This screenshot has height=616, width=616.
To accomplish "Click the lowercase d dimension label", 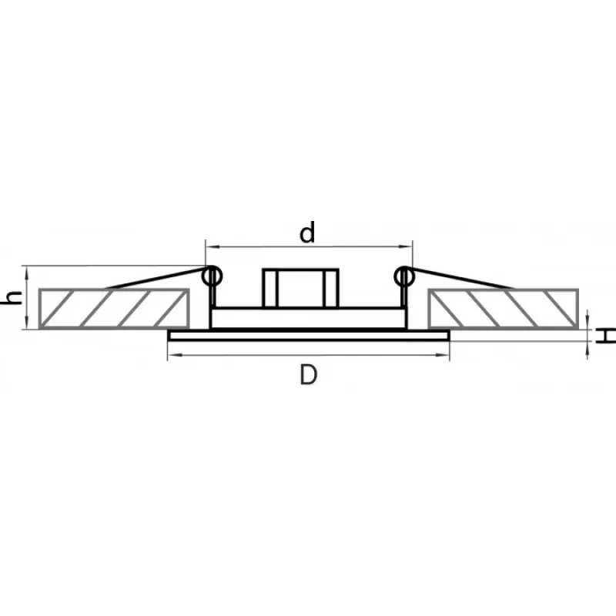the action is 307,233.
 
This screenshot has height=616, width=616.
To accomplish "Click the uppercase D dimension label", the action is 308,375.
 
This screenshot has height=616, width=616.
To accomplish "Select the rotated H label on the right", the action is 605,336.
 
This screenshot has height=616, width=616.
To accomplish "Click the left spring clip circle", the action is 213,276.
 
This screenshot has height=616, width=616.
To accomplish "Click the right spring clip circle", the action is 404,276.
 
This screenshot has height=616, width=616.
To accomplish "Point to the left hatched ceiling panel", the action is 114,309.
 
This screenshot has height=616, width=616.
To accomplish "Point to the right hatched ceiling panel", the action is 504,309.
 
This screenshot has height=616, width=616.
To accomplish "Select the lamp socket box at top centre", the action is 300,288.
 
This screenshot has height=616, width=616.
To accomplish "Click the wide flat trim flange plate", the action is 309,335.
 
